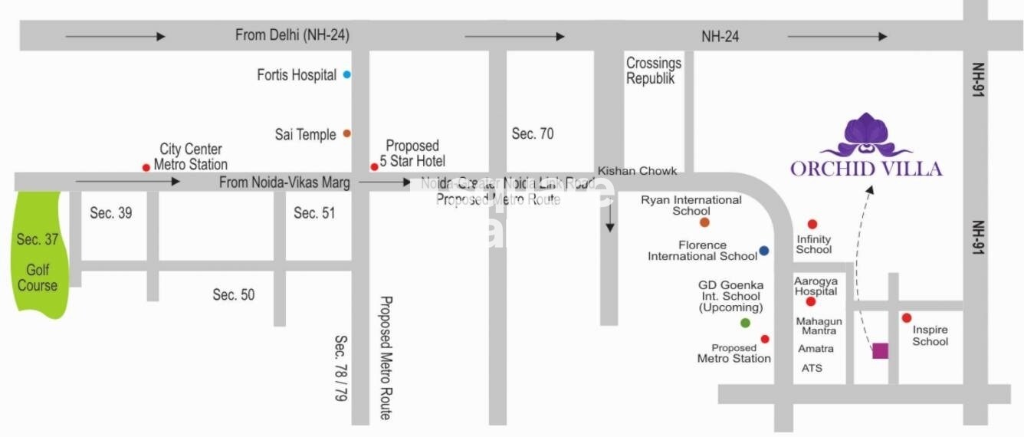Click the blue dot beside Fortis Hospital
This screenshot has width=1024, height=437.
(347, 74)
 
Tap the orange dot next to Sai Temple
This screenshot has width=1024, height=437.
(346, 133)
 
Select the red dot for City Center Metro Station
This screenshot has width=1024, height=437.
(146, 167)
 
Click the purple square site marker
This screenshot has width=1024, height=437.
(880, 350)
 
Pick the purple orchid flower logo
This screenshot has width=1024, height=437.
(867, 136)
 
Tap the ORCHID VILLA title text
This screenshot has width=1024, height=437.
(866, 169)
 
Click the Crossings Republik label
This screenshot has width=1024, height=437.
(653, 71)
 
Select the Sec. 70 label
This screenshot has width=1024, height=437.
(532, 134)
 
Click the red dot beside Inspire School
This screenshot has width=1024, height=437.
(906, 317)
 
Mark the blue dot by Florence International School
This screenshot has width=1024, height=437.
(763, 251)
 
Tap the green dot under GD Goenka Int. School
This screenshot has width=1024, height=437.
(745, 323)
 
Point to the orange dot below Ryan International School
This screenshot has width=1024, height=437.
(704, 222)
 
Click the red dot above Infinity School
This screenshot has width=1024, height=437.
(812, 224)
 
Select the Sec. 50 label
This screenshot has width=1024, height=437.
(234, 294)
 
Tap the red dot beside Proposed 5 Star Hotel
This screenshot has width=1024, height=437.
(374, 166)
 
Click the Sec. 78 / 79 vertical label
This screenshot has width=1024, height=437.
(341, 368)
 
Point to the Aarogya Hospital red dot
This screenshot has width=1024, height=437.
(810, 302)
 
